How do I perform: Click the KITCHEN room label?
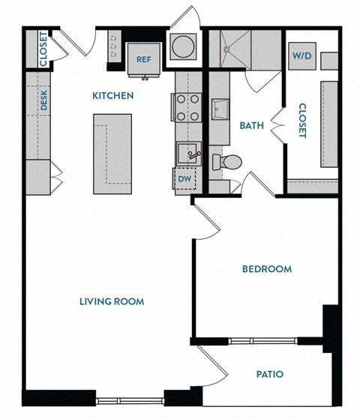[112, 96]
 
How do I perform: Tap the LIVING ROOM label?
[112, 301]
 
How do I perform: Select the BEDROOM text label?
[266, 269]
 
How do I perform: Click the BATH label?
[250, 125]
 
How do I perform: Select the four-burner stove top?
[188, 107]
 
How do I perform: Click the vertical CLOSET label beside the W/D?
[303, 120]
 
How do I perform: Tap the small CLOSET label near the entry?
[43, 49]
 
